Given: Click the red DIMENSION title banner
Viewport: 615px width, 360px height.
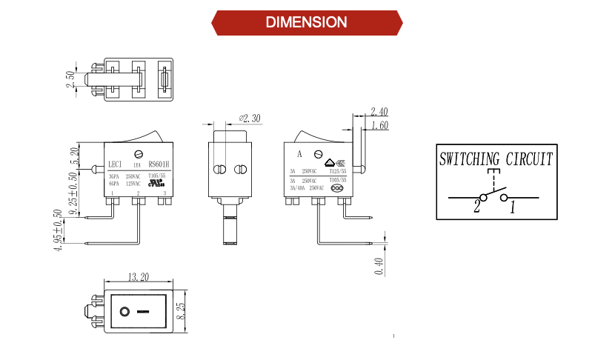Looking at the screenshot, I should point(307,22).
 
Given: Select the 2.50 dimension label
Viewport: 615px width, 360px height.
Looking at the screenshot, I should point(71,80).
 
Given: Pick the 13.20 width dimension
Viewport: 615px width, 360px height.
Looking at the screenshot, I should point(137,278).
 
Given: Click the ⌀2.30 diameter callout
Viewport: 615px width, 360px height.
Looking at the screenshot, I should point(250,119).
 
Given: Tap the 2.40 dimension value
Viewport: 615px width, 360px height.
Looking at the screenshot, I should point(379,112).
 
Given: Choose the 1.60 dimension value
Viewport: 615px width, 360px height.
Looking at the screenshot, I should point(379,126).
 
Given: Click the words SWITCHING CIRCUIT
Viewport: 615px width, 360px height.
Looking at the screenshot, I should point(496,159).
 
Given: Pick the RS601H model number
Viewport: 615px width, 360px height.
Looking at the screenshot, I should point(159,165).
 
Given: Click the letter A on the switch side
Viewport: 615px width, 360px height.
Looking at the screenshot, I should point(299,155).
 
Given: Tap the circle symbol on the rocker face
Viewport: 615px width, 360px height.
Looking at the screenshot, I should point(125,310).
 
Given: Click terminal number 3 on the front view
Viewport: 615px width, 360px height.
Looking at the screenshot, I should point(164,193).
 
